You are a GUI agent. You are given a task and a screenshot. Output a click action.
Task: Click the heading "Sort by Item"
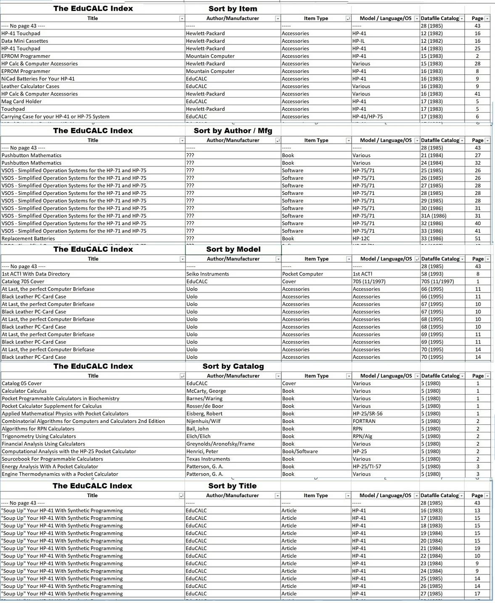coord(233,9)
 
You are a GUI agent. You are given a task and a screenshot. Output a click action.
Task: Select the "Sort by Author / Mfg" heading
coord(233,131)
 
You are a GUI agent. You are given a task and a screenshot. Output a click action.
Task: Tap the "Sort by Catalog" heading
coord(233,366)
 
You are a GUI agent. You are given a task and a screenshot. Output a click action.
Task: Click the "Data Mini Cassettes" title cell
coord(25,41)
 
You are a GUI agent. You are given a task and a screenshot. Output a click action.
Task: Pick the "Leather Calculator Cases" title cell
coord(30,87)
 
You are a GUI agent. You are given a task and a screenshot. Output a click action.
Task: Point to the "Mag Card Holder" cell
coord(21,102)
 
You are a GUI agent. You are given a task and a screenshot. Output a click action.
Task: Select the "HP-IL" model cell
coord(358,41)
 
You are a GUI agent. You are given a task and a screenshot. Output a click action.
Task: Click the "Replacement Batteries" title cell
coord(28,239)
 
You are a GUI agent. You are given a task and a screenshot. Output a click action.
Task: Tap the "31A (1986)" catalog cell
coord(434,216)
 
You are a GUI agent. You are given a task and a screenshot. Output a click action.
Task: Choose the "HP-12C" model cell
coord(361,239)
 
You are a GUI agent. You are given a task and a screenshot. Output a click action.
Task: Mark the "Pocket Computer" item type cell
coord(302,274)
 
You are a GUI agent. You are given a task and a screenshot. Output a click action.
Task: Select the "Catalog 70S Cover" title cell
coord(23,282)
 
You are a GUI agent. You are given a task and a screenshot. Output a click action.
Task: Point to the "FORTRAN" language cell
coord(364,421)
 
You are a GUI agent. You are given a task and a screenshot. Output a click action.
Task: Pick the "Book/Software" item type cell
coord(300,452)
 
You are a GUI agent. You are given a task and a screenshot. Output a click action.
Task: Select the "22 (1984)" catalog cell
coord(431,556)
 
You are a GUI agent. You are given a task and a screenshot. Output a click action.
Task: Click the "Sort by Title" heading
coord(232,486)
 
